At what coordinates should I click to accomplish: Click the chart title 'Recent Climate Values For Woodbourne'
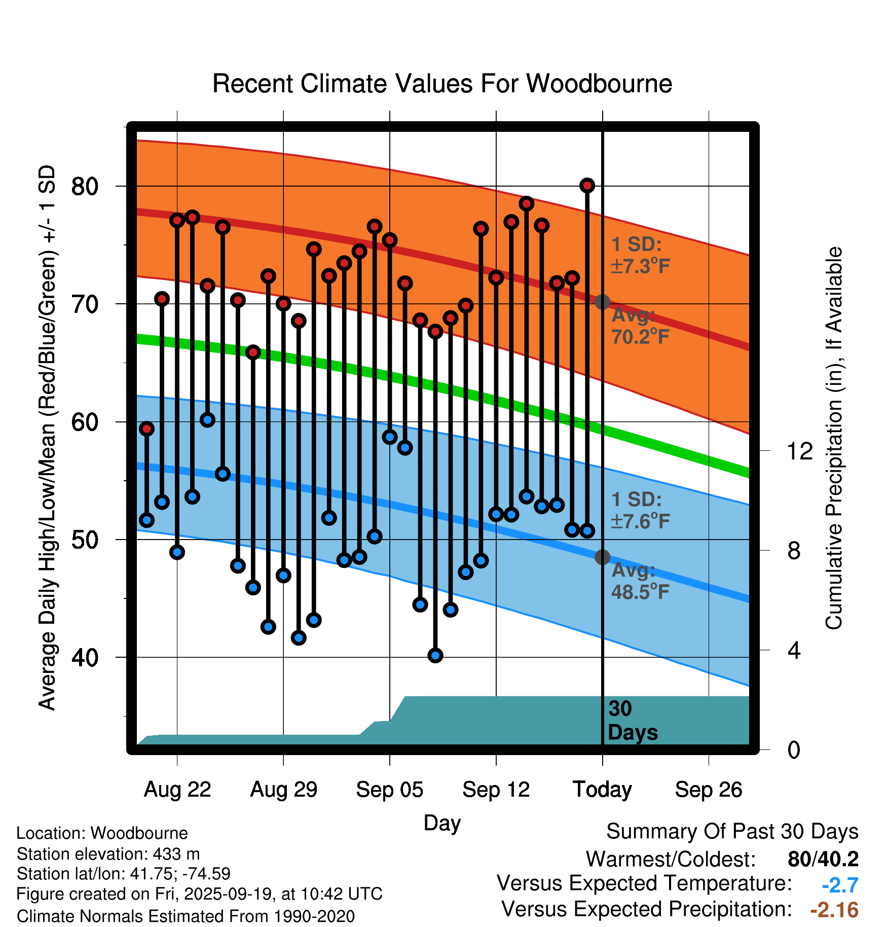[x=442, y=84]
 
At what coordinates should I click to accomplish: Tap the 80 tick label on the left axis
[x=85, y=187]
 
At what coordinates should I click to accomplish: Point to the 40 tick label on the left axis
[x=85, y=658]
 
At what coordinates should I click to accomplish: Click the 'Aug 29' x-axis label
[x=283, y=790]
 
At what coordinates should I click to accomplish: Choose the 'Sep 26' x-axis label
[x=708, y=790]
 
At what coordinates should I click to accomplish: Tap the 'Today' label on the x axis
[x=602, y=790]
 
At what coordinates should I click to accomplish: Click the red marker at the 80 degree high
[x=587, y=186]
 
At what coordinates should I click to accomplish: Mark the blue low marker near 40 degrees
[x=435, y=656]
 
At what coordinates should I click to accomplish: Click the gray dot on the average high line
[x=602, y=302]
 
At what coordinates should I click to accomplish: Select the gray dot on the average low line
[x=602, y=557]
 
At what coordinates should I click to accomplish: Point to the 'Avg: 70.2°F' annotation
[x=640, y=326]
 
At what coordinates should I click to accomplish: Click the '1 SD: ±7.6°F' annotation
[x=641, y=510]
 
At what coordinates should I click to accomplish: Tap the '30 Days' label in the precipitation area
[x=632, y=721]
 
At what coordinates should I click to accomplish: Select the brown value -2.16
[x=834, y=910]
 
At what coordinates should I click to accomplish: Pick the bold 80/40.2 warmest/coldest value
[x=823, y=859]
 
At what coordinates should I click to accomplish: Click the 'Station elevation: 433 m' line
[x=108, y=854]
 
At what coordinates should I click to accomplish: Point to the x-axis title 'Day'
[x=442, y=823]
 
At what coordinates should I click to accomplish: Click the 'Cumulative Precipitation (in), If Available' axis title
[x=833, y=438]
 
